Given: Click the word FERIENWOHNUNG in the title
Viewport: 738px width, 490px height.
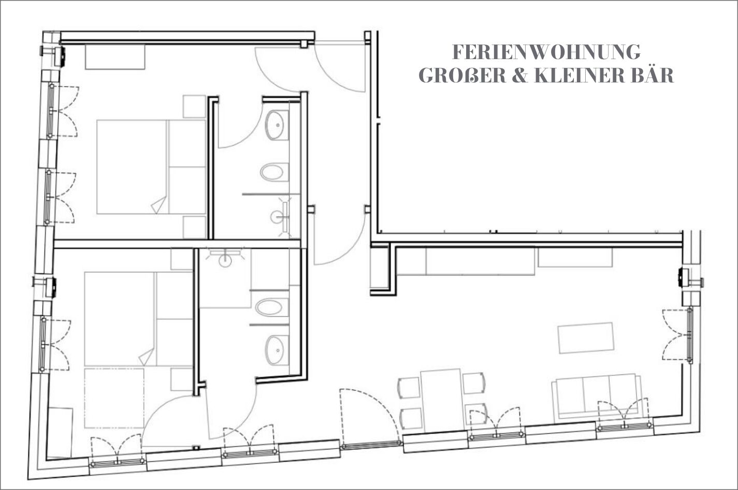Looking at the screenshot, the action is pyautogui.click(x=546, y=52).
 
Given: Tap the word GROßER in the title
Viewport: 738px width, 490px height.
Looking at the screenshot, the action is pyautogui.click(x=463, y=76).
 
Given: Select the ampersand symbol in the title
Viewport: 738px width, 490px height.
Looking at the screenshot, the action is pyautogui.click(x=520, y=76).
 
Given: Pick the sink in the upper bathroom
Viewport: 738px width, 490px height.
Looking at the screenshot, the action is pyautogui.click(x=277, y=125).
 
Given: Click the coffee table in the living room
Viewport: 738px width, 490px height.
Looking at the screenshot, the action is pyautogui.click(x=586, y=338).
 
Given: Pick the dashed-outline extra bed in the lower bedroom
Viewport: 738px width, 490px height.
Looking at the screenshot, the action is pyautogui.click(x=114, y=398).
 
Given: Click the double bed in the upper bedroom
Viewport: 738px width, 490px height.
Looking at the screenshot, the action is pyautogui.click(x=151, y=167).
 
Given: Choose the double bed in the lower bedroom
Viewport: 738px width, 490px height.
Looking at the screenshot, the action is pyautogui.click(x=138, y=319).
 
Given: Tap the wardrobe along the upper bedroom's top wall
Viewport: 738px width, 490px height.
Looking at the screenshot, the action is pyautogui.click(x=115, y=57).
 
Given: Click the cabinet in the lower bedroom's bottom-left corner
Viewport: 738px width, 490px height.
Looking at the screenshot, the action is pyautogui.click(x=60, y=432).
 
